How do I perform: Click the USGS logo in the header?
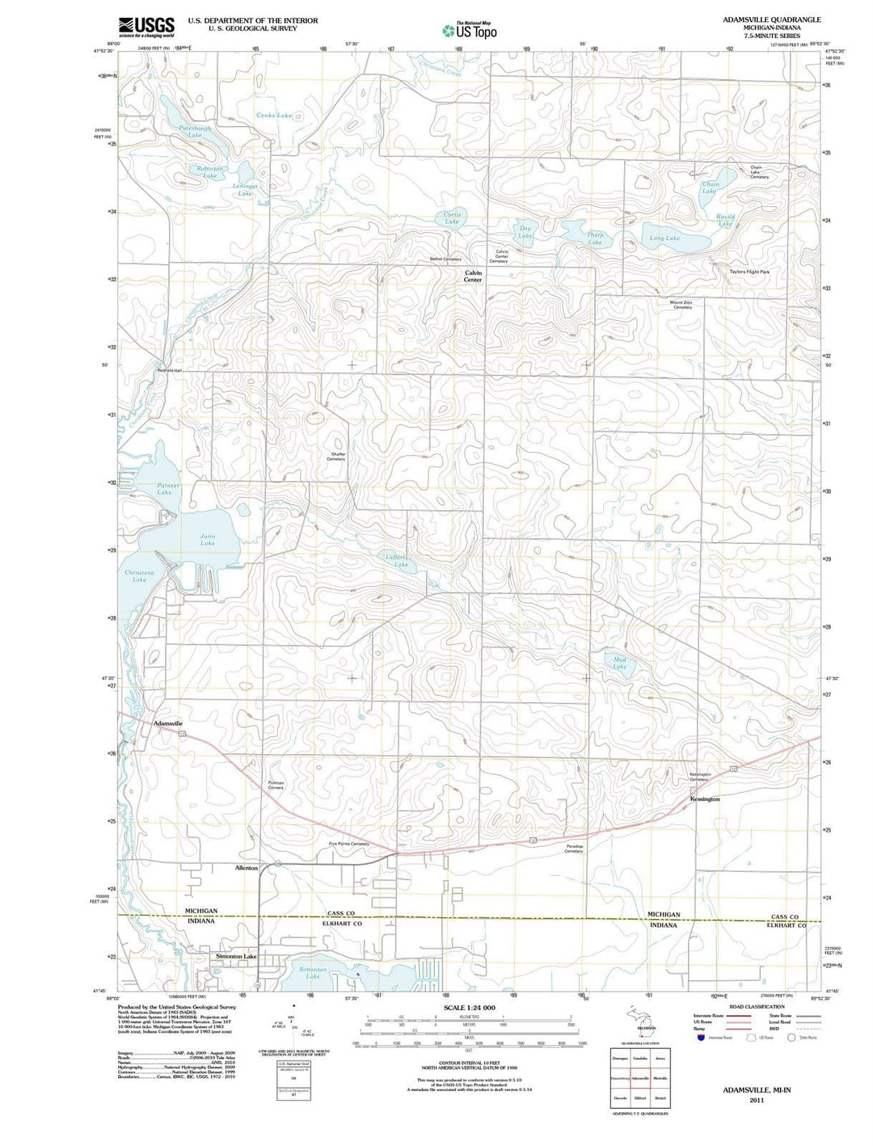[146, 27]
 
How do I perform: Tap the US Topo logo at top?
[470, 31]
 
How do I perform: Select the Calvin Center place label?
[473, 276]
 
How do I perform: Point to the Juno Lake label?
[208, 539]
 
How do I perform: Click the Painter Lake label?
[168, 489]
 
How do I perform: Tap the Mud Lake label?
[619, 663]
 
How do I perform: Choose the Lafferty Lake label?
[399, 561]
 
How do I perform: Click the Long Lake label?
[664, 238]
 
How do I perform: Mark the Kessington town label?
[704, 798]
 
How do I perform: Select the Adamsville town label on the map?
[168, 723]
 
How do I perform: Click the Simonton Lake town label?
[236, 956]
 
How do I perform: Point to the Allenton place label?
[246, 867]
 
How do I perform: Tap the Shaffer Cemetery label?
[336, 456]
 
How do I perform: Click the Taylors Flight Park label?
[749, 272]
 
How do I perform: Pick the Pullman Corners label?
[276, 785]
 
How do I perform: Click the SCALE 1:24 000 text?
[469, 1007]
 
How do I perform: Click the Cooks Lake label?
[273, 116]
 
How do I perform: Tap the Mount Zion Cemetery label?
[681, 305]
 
